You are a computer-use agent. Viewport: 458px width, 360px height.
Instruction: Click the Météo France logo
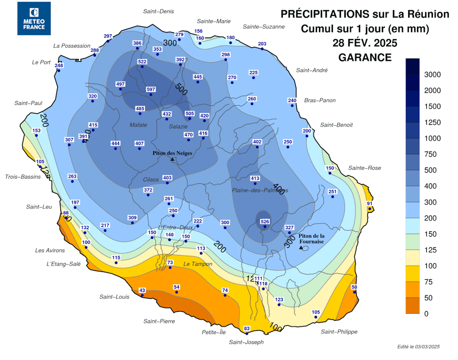tap(34, 19)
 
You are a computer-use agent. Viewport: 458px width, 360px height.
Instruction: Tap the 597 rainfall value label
tap(151, 89)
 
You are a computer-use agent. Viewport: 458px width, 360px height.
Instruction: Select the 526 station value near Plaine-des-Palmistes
tap(264, 222)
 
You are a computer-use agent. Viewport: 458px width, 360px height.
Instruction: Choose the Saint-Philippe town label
tap(339, 331)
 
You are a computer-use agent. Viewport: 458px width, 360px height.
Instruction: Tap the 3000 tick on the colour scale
tap(432, 74)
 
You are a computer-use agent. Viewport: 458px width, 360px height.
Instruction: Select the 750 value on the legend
tap(430, 154)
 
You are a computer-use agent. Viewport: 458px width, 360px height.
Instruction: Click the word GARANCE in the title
tap(365, 57)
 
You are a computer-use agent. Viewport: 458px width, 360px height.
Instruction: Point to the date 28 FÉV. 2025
tap(365, 43)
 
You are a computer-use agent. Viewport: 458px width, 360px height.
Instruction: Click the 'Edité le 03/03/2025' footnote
tap(418, 347)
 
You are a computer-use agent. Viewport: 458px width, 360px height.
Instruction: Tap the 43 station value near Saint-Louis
tap(142, 290)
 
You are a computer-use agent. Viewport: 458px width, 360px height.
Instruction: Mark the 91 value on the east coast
tap(369, 203)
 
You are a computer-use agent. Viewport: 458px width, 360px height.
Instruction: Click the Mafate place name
tap(138, 125)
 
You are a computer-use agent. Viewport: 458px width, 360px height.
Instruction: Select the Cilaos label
tap(151, 179)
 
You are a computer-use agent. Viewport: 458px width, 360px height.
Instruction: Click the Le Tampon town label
tap(198, 264)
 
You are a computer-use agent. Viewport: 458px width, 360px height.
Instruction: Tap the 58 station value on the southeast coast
tap(354, 287)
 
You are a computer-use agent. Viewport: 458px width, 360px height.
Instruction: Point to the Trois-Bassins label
tap(23, 177)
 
